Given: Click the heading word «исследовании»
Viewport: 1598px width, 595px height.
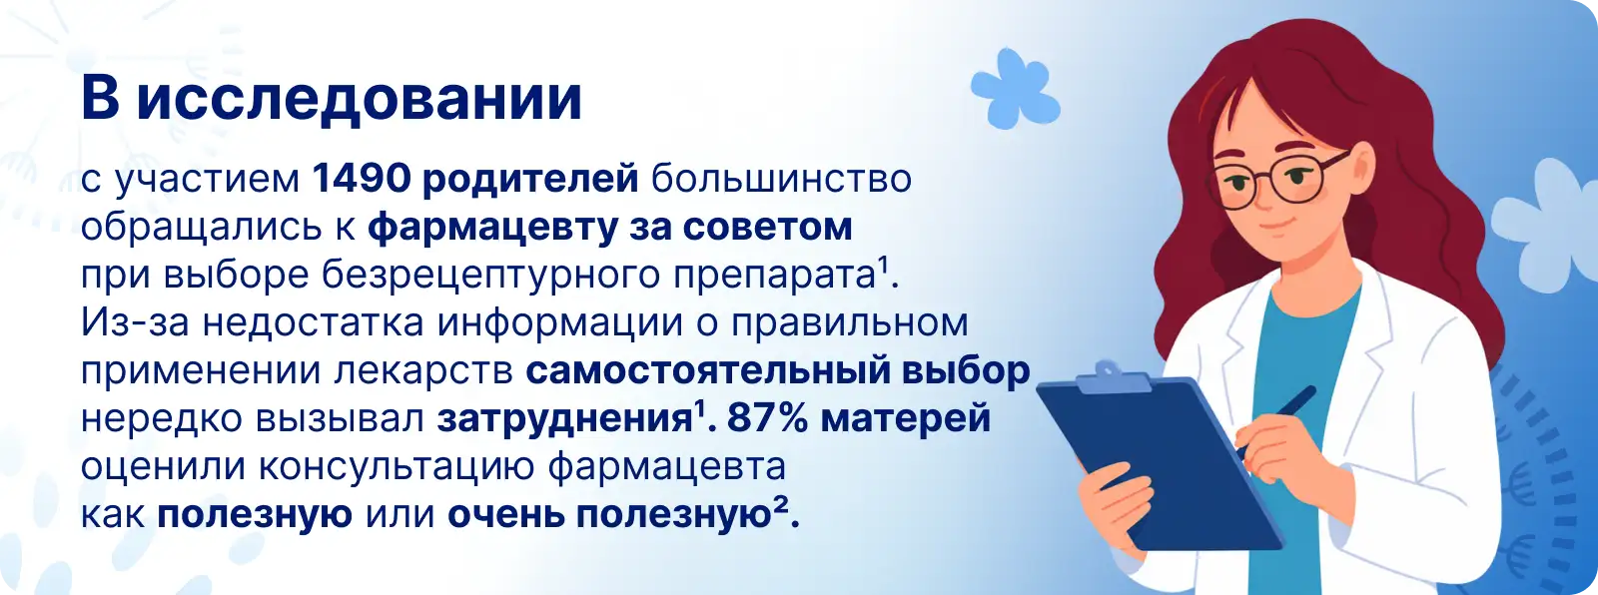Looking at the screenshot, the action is (x=359, y=98).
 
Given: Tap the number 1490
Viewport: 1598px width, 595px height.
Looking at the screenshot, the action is (x=361, y=179).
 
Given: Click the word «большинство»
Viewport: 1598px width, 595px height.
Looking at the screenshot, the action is (x=781, y=179).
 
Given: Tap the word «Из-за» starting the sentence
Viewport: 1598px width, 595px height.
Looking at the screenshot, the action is (x=135, y=322).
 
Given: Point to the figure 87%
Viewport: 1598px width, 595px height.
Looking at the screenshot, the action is (x=768, y=418).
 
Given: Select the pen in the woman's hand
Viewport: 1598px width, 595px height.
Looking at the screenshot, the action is (x=1276, y=422).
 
